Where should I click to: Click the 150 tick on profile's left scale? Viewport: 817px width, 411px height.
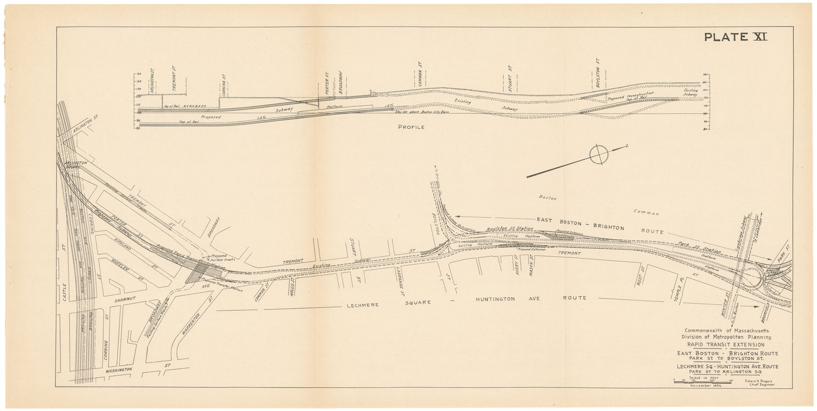136,74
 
